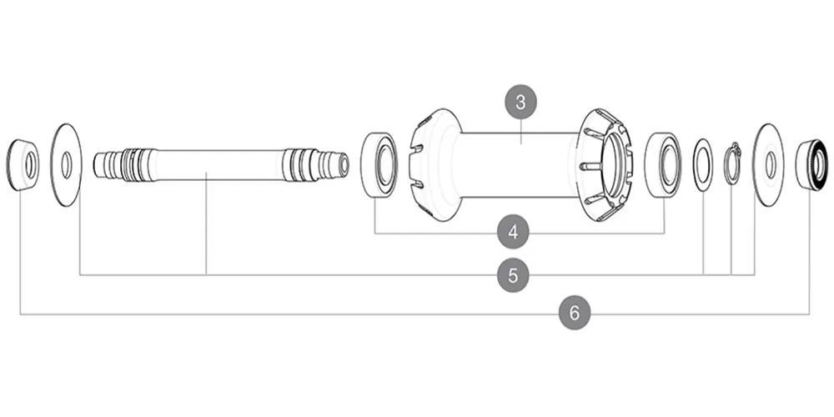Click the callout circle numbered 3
click(521, 103)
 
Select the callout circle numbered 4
click(513, 233)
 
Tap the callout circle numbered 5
click(513, 274)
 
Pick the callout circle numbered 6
click(574, 314)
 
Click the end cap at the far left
click(22, 165)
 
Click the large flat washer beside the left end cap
click(66, 164)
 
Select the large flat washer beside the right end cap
click(768, 164)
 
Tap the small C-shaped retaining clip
click(732, 163)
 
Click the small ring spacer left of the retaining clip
click(703, 164)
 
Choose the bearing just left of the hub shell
click(379, 164)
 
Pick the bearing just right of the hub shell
click(664, 164)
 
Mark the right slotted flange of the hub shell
click(604, 164)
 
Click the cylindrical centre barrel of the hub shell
click(517, 164)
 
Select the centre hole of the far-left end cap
click(30, 164)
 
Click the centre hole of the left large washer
click(67, 164)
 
